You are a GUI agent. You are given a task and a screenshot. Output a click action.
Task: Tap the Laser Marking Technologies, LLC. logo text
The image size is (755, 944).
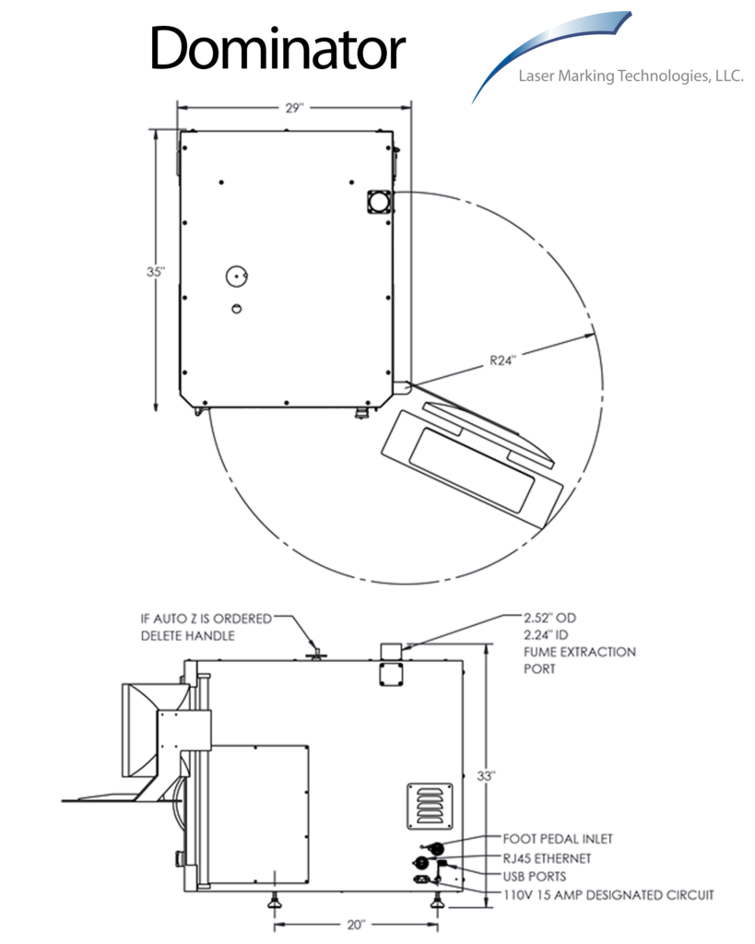[631, 77]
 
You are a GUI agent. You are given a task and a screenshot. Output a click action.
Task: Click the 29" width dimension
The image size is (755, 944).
[294, 108]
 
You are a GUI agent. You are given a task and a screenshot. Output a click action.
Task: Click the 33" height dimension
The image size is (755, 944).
[499, 776]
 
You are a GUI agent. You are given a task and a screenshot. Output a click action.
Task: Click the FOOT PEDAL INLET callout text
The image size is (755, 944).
[558, 839]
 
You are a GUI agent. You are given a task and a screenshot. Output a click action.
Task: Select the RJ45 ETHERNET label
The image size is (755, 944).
[548, 858]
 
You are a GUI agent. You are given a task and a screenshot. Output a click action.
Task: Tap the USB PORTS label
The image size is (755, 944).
[535, 876]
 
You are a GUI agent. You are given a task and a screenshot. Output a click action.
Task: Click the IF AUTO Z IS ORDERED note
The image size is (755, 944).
[206, 627]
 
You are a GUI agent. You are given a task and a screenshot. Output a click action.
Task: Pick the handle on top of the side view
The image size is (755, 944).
[315, 653]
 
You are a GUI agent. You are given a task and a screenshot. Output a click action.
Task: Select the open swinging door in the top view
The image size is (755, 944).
[470, 456]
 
